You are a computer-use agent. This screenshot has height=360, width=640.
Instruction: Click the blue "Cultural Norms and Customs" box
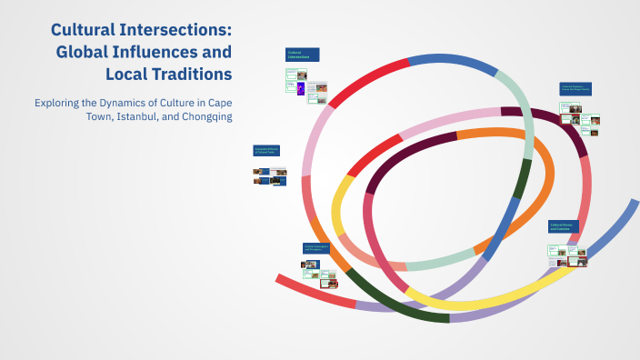pyautogui.click(x=566, y=226)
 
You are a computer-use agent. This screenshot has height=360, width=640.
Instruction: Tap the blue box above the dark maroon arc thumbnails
pyautogui.click(x=575, y=89)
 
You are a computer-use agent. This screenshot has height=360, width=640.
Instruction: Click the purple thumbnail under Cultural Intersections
pyautogui.click(x=301, y=88)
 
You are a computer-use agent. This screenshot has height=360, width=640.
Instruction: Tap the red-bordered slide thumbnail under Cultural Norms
pyautogui.click(x=575, y=262)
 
